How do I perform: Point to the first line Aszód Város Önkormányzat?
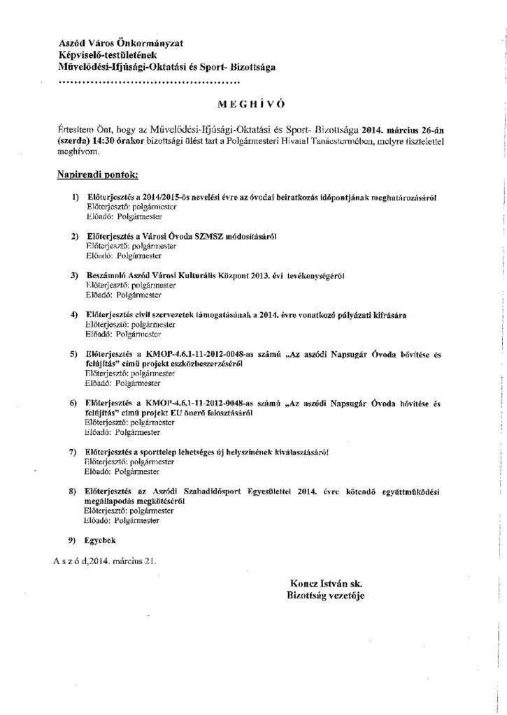click(x=121, y=43)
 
